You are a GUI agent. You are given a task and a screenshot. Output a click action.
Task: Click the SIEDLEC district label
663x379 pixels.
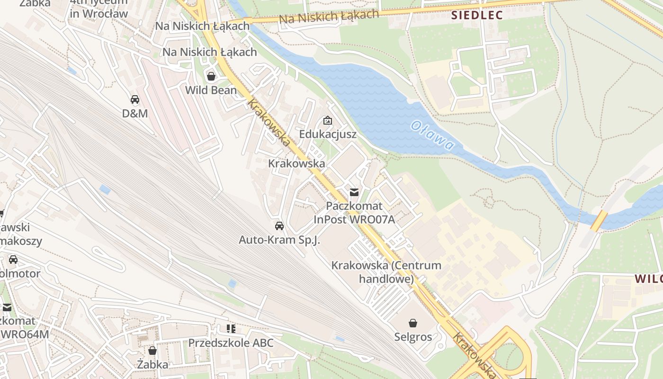click(477, 15)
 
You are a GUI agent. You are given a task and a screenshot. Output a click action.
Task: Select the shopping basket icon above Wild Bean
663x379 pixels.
click(211, 76)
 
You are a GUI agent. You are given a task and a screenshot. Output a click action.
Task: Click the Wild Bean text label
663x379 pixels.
click(211, 90)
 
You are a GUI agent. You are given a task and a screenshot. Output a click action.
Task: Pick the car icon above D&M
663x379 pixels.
click(135, 99)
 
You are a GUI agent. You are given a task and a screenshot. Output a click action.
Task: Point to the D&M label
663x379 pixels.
click(135, 114)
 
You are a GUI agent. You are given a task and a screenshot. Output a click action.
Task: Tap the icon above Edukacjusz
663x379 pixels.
click(327, 120)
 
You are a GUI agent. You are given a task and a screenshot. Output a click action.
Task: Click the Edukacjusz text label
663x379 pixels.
click(328, 135)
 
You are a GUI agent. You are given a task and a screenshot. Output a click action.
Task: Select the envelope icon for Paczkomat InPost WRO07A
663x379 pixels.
click(354, 192)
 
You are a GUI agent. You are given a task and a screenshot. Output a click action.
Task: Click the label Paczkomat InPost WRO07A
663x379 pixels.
click(354, 213)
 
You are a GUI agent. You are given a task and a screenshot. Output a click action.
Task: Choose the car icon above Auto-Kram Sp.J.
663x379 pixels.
click(279, 226)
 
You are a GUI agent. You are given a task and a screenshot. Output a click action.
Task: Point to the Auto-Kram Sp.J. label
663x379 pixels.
click(279, 240)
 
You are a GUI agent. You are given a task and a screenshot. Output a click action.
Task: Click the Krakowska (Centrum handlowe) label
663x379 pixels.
click(386, 272)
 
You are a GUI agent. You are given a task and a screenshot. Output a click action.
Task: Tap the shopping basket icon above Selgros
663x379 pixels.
click(413, 323)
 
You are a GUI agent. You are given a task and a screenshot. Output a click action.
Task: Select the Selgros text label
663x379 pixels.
click(413, 337)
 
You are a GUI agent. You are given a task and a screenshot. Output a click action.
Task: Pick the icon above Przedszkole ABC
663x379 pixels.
click(231, 328)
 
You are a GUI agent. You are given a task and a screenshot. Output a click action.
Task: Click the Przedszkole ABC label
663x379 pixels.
click(231, 343)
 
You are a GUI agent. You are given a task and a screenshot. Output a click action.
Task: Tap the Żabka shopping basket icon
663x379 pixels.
click(152, 351)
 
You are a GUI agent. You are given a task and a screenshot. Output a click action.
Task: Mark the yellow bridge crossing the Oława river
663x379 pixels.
click(599, 221)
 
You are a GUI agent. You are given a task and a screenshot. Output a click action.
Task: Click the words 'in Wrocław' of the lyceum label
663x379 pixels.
click(99, 14)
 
